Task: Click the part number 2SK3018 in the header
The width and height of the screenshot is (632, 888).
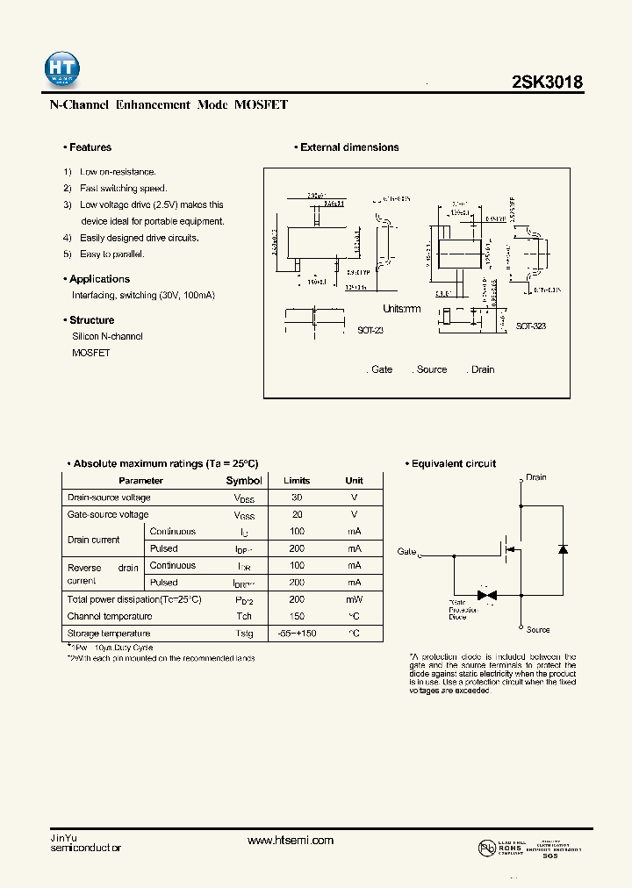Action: click(x=547, y=82)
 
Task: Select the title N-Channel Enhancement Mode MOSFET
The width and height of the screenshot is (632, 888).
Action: click(x=168, y=104)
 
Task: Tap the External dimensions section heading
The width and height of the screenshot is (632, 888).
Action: click(x=348, y=147)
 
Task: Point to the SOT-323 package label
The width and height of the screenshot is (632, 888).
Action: click(x=530, y=326)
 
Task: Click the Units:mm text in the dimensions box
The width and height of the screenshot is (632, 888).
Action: click(x=402, y=309)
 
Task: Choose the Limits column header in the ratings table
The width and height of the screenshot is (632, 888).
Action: click(x=297, y=481)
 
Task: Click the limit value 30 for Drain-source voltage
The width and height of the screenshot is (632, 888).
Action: click(x=297, y=498)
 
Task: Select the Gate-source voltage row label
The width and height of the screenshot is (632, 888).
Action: click(x=108, y=514)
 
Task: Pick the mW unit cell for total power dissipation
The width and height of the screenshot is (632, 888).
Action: click(x=354, y=599)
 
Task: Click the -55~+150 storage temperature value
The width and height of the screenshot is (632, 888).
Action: click(x=297, y=634)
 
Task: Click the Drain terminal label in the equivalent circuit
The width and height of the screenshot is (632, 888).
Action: click(x=535, y=477)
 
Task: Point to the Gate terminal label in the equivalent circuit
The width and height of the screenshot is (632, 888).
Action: click(x=406, y=552)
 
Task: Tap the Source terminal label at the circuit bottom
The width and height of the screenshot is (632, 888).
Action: click(x=538, y=630)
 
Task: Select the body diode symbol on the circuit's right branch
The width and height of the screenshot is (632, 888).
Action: click(x=563, y=549)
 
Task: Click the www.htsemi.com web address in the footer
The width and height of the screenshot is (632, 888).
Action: click(x=291, y=841)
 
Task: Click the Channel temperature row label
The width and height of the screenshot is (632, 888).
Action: click(x=110, y=616)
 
